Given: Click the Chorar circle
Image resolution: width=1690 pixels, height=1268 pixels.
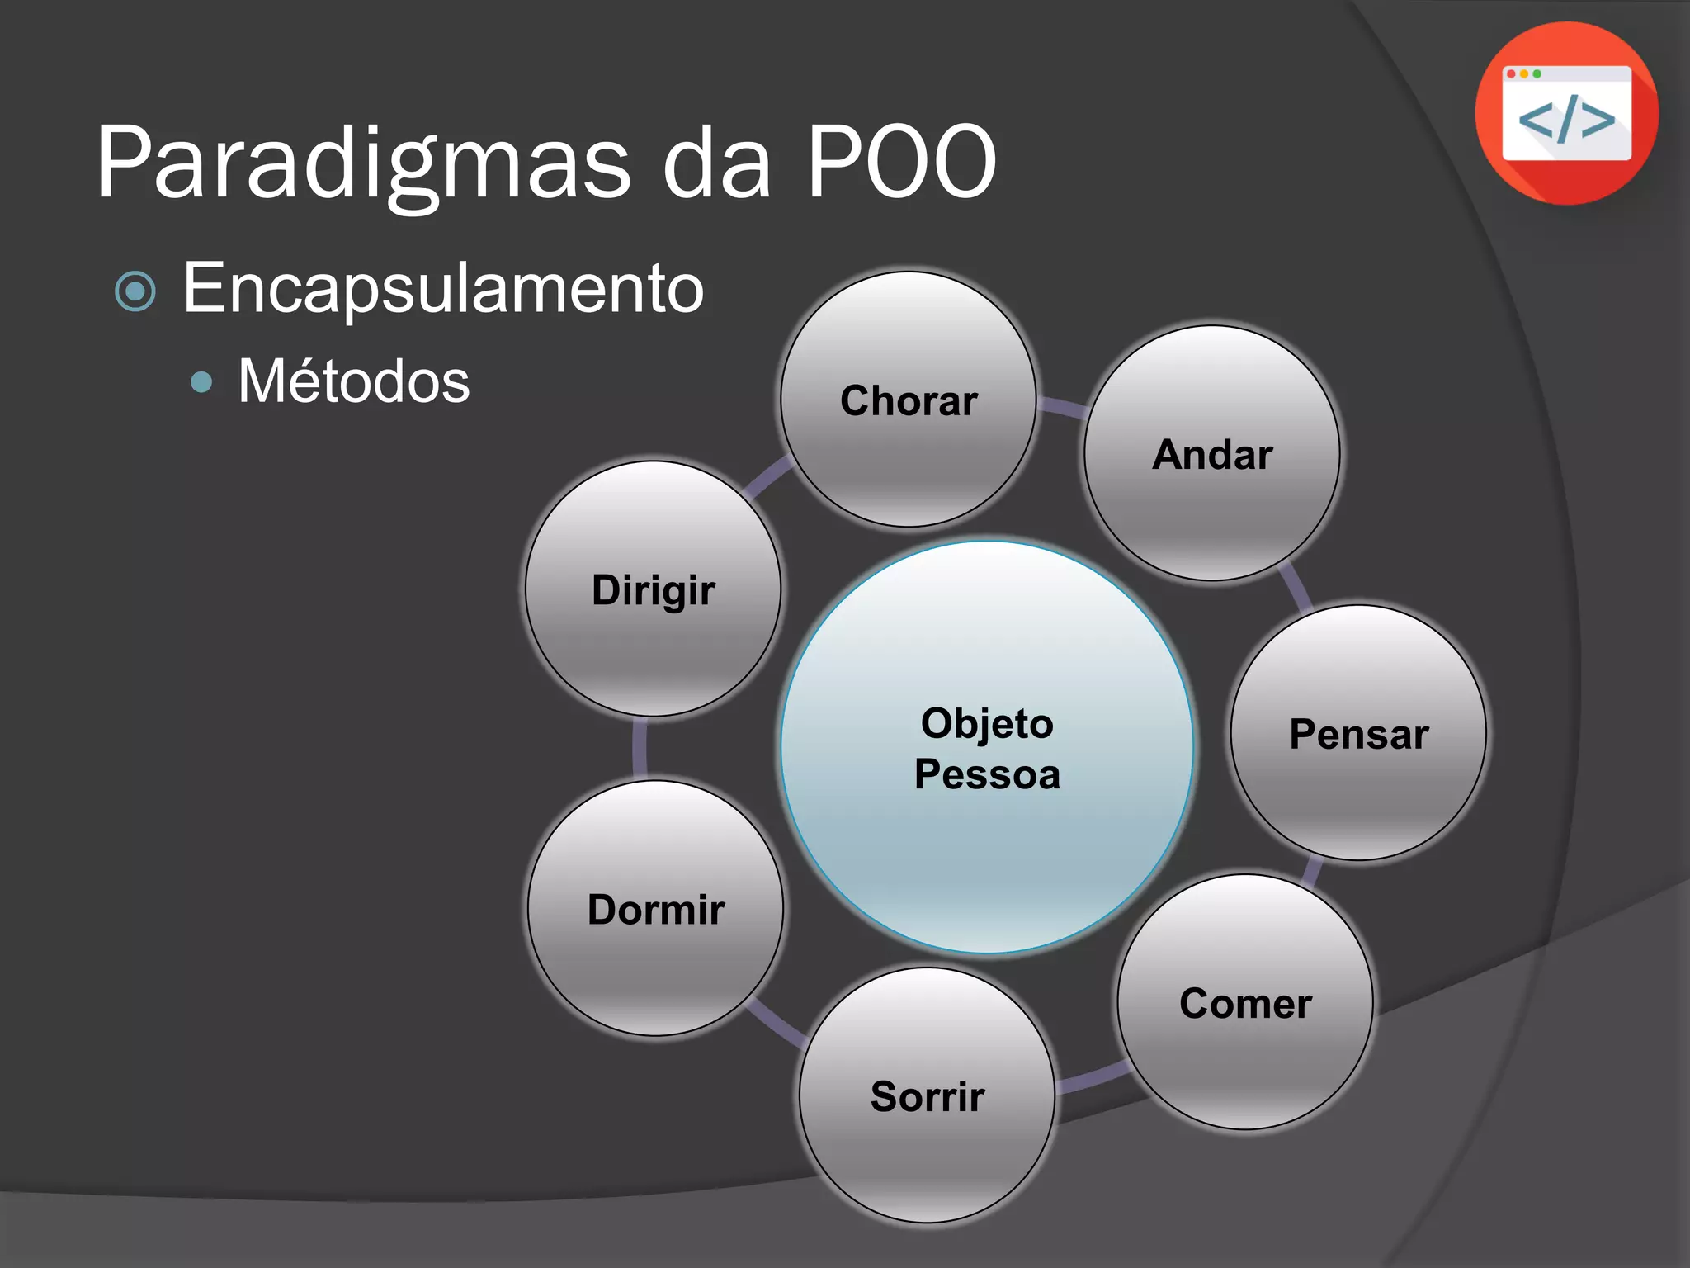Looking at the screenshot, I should [x=909, y=400].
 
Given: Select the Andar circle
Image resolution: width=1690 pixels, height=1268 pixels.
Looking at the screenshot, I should [x=1211, y=453].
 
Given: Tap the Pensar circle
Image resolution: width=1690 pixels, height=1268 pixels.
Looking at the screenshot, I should [x=1358, y=733].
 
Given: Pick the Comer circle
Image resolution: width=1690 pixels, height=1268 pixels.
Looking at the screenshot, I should [x=1245, y=1002].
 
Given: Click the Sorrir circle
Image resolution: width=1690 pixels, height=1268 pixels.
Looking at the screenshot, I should [x=928, y=1095].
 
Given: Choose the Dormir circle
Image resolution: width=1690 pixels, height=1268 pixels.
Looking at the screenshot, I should [x=656, y=908].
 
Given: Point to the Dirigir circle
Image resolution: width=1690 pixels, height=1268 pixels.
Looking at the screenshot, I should [x=654, y=589].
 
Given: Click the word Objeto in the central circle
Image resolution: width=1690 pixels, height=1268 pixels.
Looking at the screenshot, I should [x=987, y=723].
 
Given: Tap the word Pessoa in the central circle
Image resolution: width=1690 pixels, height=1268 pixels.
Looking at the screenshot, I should [x=987, y=774].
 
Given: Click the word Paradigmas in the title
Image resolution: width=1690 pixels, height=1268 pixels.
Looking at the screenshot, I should [x=363, y=163].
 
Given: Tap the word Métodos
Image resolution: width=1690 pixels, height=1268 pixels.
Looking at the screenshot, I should [x=353, y=381].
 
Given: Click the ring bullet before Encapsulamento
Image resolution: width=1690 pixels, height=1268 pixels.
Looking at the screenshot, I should [x=136, y=291].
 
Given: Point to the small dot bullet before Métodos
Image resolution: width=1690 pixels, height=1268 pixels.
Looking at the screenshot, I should [x=201, y=381].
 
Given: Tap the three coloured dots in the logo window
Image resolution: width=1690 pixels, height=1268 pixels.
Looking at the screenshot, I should [x=1524, y=74].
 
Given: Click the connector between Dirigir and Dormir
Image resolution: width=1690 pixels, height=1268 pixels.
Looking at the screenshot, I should [x=640, y=748].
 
